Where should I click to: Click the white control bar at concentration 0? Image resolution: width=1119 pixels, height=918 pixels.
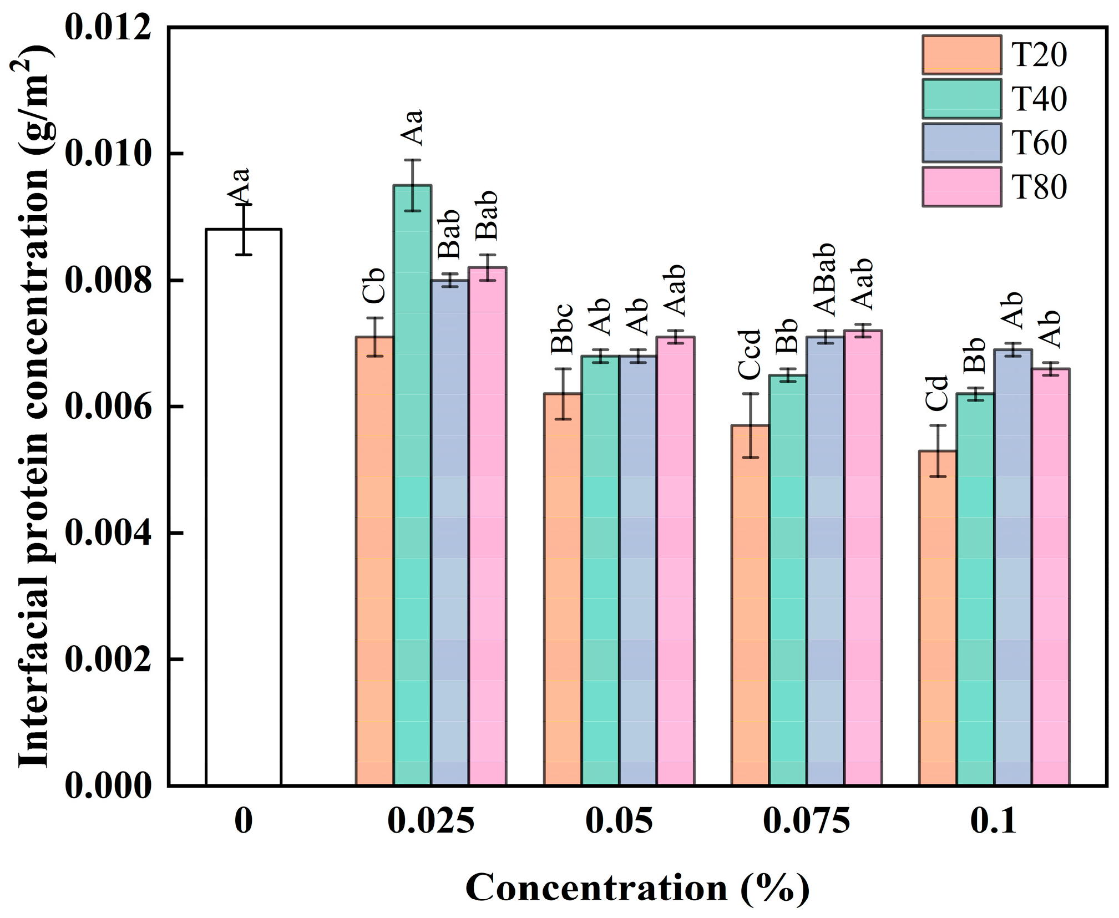pyautogui.click(x=244, y=507)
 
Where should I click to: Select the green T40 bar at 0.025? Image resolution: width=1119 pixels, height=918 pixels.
pyautogui.click(x=413, y=485)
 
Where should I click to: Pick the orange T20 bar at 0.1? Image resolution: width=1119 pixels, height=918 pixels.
pyautogui.click(x=938, y=618)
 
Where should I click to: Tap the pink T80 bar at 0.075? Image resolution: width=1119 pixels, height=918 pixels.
pyautogui.click(x=863, y=558)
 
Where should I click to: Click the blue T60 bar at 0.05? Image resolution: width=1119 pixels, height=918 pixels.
pyautogui.click(x=637, y=571)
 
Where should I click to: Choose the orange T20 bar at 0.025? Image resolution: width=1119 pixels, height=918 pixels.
pyautogui.click(x=375, y=561)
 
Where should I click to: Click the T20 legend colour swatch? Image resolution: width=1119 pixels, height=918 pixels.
pyautogui.click(x=962, y=55)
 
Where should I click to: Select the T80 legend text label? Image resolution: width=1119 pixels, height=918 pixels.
pyautogui.click(x=1039, y=187)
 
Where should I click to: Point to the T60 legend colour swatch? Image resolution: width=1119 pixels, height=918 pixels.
pyautogui.click(x=962, y=143)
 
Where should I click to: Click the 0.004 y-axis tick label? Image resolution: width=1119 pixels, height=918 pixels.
pyautogui.click(x=108, y=532)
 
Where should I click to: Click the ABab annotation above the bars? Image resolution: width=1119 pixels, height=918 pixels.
pyautogui.click(x=824, y=280)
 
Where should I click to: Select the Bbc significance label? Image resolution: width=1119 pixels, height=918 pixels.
pyautogui.click(x=562, y=329)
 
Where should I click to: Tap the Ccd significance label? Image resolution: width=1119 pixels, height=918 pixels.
pyautogui.click(x=750, y=354)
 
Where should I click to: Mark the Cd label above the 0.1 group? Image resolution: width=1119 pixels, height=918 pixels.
pyautogui.click(x=937, y=393)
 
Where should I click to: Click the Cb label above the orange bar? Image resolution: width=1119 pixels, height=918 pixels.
pyautogui.click(x=374, y=285)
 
